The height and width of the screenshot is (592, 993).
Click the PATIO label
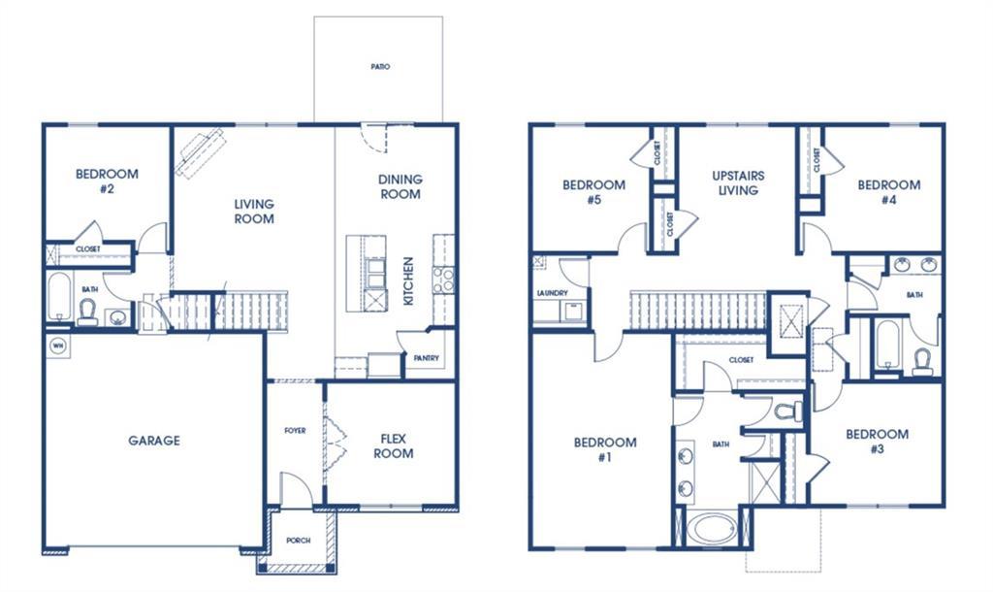coord(379,67)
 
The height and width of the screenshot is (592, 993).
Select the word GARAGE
coord(154,441)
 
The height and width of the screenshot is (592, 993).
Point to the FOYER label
coord(295,430)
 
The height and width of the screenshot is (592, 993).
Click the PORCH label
coord(299,541)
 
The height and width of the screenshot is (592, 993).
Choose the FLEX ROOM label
coord(393,446)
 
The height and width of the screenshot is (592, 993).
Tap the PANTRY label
coord(427,358)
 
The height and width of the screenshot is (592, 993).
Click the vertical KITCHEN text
coord(408,280)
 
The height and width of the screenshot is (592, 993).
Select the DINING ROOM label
coord(400,186)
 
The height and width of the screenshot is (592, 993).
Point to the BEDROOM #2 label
coord(107,181)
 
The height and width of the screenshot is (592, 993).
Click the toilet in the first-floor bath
coord(87,311)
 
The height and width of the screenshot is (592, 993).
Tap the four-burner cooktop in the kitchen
coord(443,280)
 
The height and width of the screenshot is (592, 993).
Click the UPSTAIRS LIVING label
coord(738,183)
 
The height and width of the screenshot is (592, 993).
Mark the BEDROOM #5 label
coord(593,192)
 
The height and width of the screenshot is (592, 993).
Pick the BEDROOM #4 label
coord(888,192)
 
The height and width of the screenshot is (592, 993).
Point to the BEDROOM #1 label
coord(605,450)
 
